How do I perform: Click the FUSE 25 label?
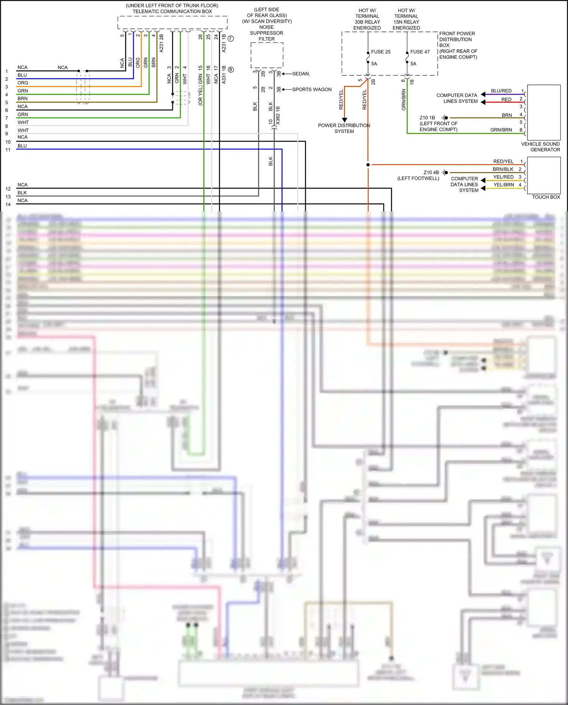[381, 52]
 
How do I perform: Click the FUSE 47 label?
[420, 52]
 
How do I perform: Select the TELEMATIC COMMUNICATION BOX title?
[172, 11]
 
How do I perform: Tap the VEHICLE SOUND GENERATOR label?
[540, 147]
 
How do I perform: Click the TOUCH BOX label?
[546, 197]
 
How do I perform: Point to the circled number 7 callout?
[231, 39]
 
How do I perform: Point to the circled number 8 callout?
[231, 70]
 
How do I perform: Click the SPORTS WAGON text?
[312, 89]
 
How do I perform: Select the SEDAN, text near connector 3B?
[301, 74]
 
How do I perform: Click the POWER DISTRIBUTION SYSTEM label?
[344, 128]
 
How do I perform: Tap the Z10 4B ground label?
[431, 172]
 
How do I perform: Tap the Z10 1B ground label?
[427, 118]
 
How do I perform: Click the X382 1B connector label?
[278, 116]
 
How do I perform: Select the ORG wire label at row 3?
[23, 83]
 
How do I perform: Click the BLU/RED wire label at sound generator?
[501, 91]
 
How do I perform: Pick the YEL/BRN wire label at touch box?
[504, 185]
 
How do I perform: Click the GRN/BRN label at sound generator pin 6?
[501, 130]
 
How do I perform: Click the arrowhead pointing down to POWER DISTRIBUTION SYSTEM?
[344, 120]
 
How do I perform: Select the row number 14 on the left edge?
[8, 205]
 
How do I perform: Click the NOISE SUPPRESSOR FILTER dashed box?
[267, 55]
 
